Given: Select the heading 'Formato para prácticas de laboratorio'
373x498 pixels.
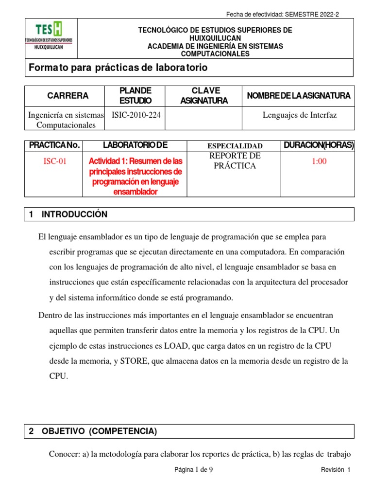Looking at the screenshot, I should coord(118,68).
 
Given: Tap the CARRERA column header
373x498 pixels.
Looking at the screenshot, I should coord(68,96).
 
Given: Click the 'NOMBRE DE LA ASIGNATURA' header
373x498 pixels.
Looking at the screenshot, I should coord(298,96).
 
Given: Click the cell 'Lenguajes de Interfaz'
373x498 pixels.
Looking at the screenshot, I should coord(299,115).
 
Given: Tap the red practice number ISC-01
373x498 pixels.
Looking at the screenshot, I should coord(54,162).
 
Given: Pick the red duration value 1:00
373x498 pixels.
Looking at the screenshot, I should coord(319,162).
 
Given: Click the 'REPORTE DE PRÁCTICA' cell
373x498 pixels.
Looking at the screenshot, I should coord(235,161).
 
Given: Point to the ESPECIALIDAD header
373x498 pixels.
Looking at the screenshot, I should coord(235,146).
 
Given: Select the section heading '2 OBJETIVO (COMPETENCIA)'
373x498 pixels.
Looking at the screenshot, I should coord(93,431).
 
